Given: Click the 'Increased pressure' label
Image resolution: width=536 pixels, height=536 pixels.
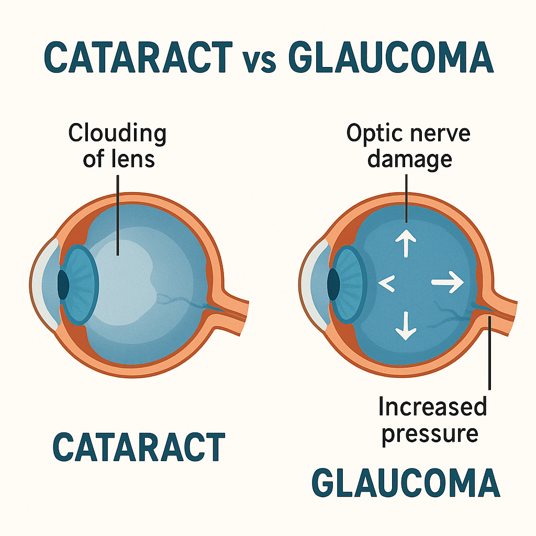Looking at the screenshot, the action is coord(432,420).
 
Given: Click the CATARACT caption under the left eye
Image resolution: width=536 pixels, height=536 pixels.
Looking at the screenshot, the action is coord(139,447).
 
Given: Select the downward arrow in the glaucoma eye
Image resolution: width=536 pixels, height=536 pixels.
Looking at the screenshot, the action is coord(406,325).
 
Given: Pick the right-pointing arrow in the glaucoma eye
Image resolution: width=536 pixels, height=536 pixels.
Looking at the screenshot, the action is coord(448,283).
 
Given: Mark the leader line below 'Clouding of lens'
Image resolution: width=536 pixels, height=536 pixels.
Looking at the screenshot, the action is coord(119,215).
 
